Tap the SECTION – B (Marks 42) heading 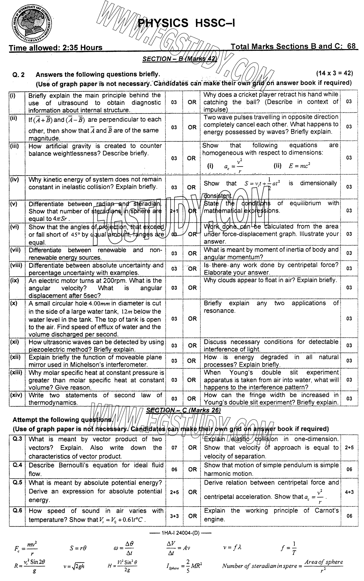click(x=180, y=59)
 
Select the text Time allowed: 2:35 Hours click(x=56, y=47)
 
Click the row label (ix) click(x=14, y=280)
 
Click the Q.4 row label click(x=17, y=465)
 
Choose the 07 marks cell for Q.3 click(x=174, y=448)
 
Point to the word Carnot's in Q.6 click(x=327, y=511)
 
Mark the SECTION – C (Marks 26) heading click(x=183, y=410)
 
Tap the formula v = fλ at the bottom click(x=232, y=548)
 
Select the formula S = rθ click(x=78, y=548)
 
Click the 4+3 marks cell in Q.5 click(x=349, y=492)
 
